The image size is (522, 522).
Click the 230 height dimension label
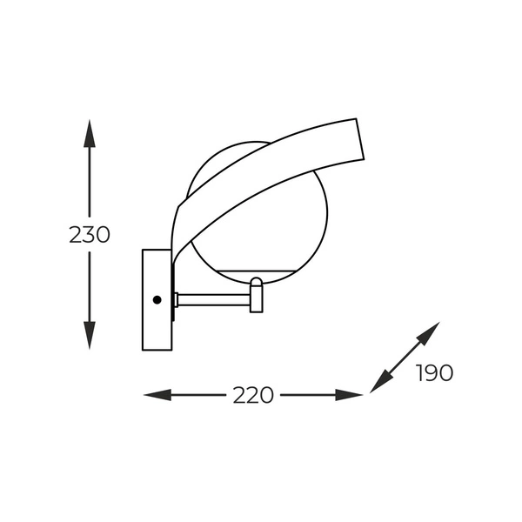pos(90,234)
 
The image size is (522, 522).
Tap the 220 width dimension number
pos(253,395)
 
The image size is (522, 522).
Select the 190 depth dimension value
pos(434,373)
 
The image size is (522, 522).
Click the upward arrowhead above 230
pos(90,133)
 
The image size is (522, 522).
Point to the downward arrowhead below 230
pos(90,335)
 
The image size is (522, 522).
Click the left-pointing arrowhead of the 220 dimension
pos(157,395)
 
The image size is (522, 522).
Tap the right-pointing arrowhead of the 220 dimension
pos(349,395)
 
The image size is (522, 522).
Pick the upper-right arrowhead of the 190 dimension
pos(429,333)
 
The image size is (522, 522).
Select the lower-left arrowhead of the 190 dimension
pos(381,382)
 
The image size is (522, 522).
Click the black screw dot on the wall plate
pos(157,300)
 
